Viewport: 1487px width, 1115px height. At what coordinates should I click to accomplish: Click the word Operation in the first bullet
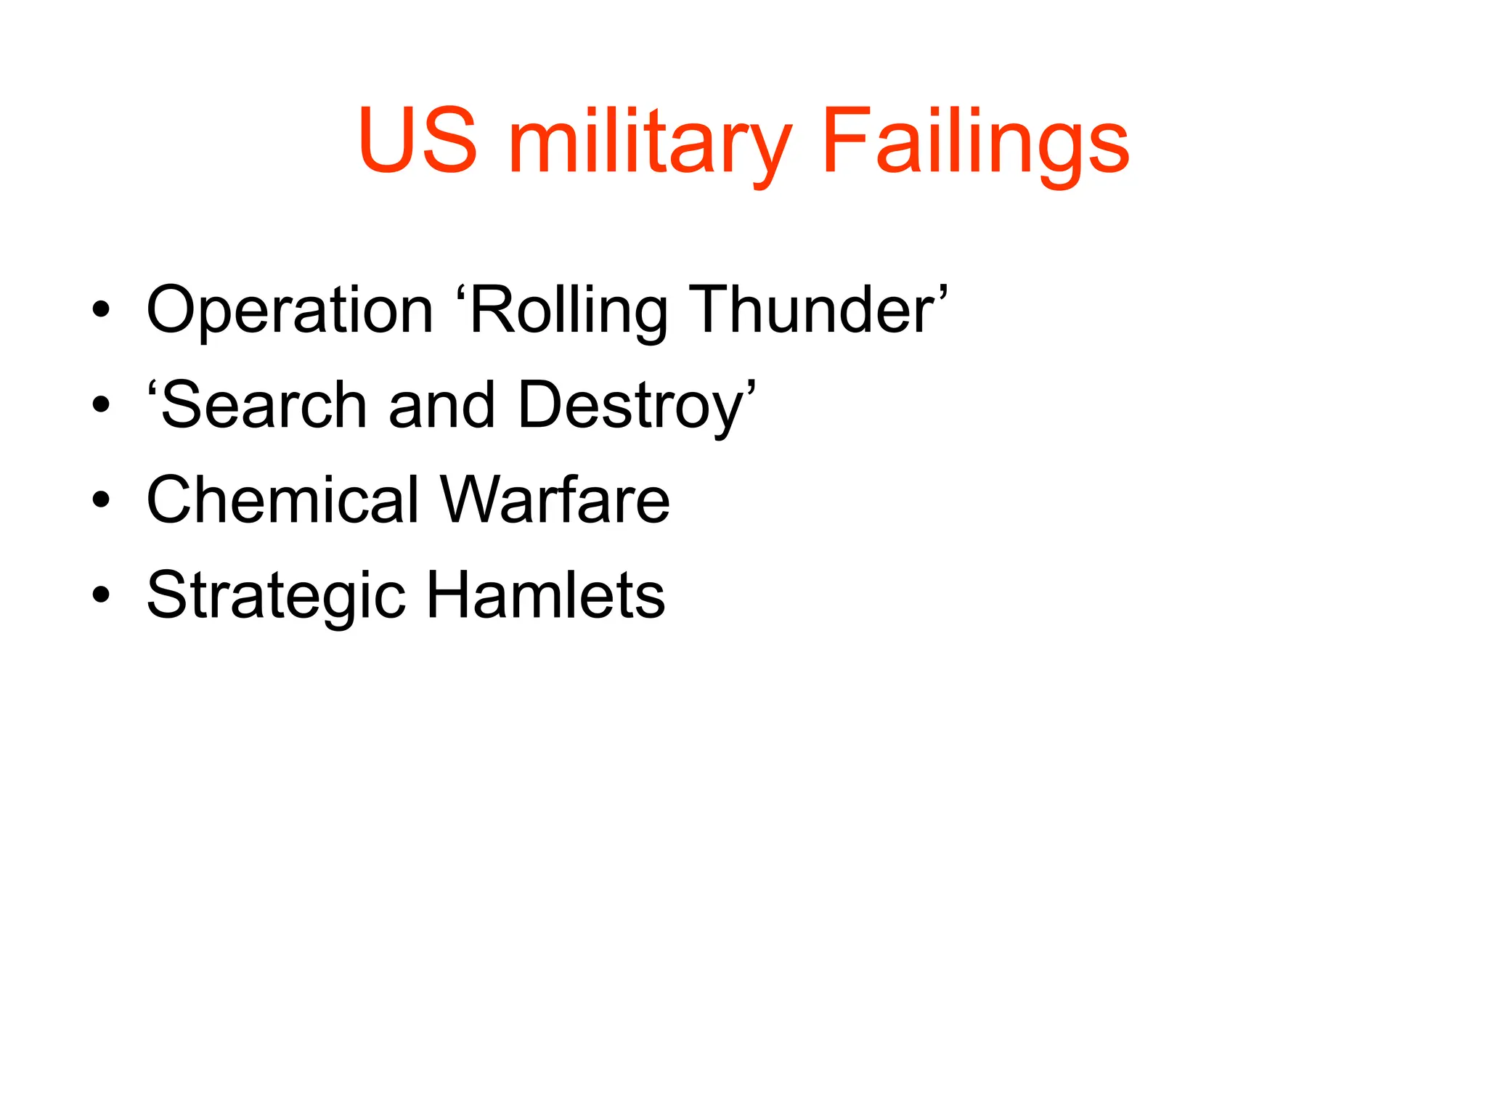[x=290, y=311]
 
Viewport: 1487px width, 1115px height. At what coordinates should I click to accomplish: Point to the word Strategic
[x=276, y=595]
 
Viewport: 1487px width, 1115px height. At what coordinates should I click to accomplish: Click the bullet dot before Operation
[x=101, y=311]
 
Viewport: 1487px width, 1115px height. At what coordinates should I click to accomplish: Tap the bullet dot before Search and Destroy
[x=101, y=405]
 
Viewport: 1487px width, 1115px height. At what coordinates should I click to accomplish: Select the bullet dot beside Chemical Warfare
[x=101, y=499]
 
